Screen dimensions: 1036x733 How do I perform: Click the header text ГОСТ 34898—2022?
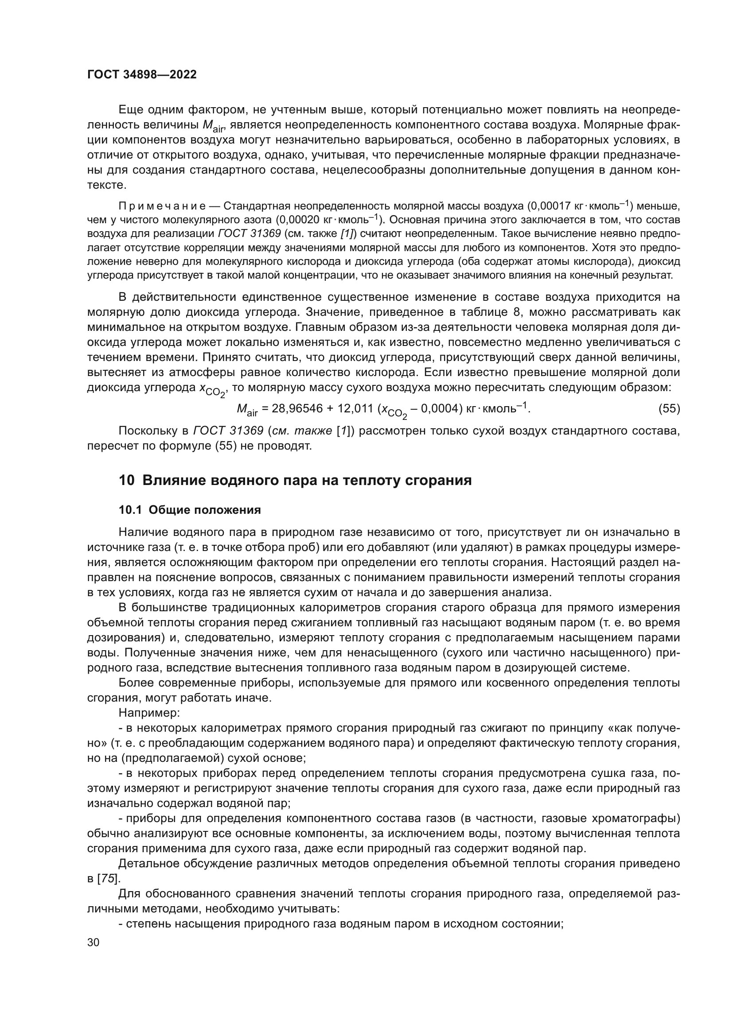coord(142,75)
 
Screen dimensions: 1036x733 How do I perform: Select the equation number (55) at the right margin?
coord(669,409)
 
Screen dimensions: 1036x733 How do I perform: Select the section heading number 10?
coord(126,481)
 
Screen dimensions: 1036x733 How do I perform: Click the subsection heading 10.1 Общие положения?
coord(190,510)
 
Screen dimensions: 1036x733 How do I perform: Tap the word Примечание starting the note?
coord(162,207)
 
